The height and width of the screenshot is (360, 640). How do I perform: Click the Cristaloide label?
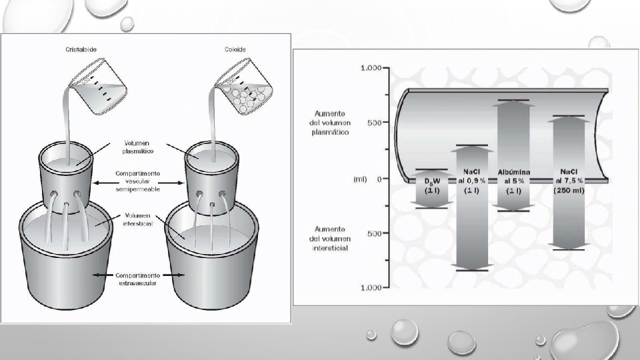click(81, 49)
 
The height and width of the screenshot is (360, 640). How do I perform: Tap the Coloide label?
click(235, 49)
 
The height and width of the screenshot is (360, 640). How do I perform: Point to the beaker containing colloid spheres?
click(244, 86)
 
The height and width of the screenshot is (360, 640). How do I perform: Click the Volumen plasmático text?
click(137, 147)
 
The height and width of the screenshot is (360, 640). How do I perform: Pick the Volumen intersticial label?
click(138, 219)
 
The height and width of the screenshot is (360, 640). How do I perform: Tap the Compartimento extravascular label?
click(137, 279)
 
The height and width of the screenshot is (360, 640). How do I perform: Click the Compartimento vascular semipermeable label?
click(137, 181)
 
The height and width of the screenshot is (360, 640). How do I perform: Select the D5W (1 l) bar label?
click(432, 186)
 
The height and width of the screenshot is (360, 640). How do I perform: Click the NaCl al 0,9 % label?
click(471, 181)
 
